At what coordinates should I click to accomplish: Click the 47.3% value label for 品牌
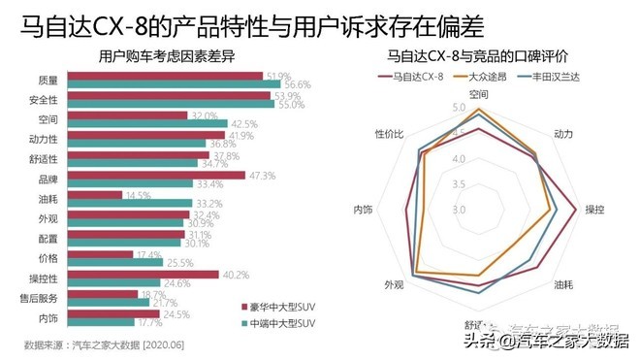coord(263,176)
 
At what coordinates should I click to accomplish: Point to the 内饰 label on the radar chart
coord(364,209)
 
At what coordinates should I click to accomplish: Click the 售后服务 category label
coord(41,298)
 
